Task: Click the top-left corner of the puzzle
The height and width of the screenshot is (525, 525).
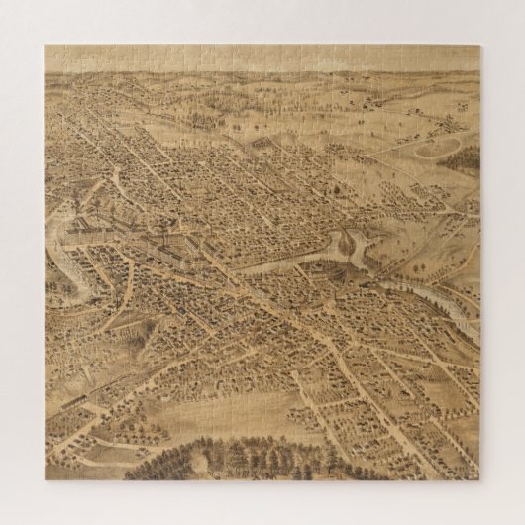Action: [46, 45]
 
